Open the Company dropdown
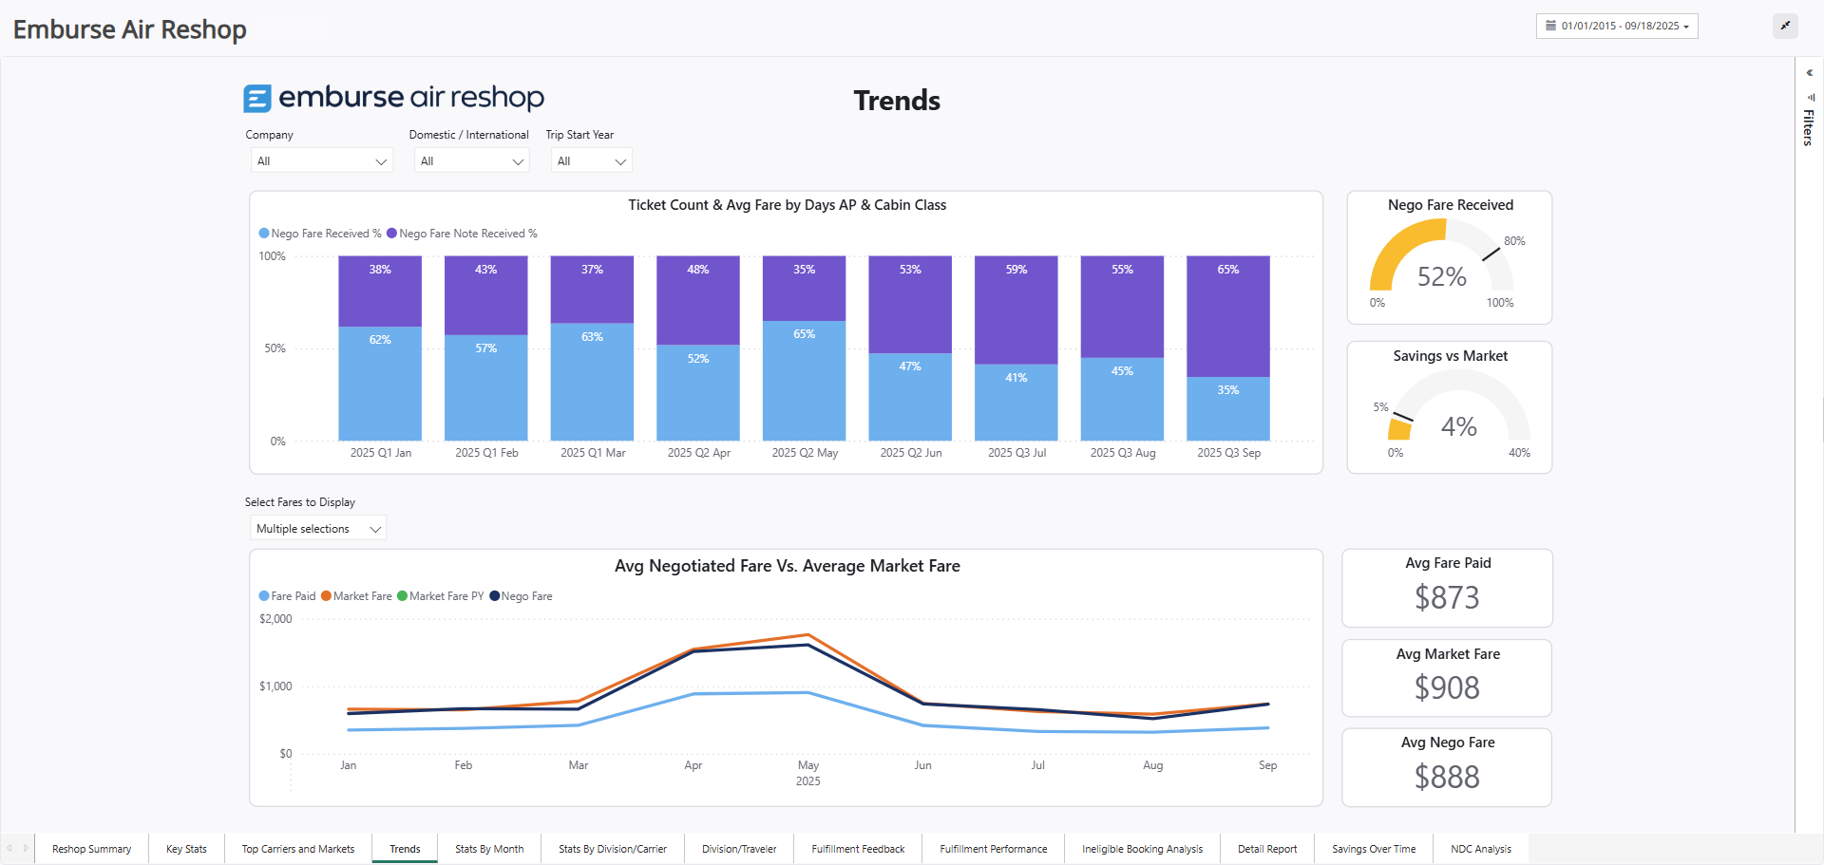click(322, 161)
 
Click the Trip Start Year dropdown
click(591, 161)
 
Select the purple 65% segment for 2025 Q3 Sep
click(1227, 316)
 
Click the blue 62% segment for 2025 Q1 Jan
click(380, 384)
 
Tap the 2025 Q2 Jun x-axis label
click(910, 453)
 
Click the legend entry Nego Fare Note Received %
click(462, 234)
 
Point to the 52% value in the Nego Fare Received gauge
click(1441, 276)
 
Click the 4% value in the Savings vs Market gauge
click(1458, 426)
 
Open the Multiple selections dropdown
click(318, 529)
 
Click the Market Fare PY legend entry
click(441, 596)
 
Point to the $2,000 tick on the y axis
click(275, 619)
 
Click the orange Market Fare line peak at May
click(807, 634)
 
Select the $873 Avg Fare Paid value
click(1446, 597)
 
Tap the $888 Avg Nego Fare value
click(1446, 777)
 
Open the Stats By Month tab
click(488, 849)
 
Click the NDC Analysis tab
click(1480, 849)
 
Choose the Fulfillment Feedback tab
click(858, 849)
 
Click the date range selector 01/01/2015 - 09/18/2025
click(1616, 26)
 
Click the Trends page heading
click(896, 101)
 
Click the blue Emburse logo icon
click(257, 98)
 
